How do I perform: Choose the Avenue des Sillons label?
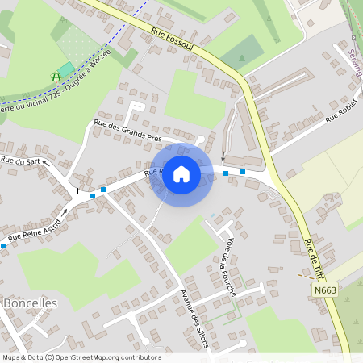pos(195,318)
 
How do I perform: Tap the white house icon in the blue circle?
pos(181,174)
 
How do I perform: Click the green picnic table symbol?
pos(56,76)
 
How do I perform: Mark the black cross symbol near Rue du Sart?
pos(78,190)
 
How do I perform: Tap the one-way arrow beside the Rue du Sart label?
pos(45,162)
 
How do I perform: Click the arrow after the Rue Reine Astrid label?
pos(64,212)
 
